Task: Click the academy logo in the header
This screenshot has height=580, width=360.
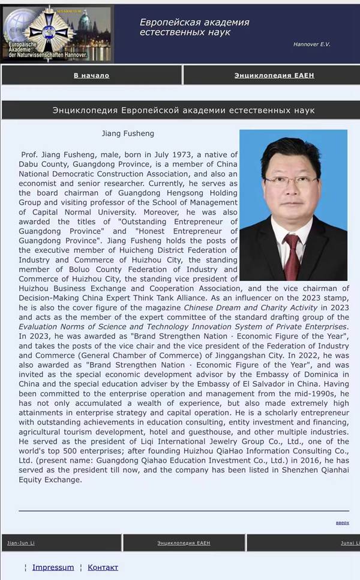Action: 56,34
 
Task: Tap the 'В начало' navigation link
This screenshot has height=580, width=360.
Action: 91,76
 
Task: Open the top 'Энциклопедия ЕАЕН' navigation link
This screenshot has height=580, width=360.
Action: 274,76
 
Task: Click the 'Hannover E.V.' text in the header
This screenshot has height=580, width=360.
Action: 311,44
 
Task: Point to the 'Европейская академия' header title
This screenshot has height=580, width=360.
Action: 194,22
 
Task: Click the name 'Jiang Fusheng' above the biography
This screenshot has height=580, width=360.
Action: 128,133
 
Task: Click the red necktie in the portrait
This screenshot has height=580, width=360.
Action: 292,255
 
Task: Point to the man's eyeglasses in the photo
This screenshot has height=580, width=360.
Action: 290,180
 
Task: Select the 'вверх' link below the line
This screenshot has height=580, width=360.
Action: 342,522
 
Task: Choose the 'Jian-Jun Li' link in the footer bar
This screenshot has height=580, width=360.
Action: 21,543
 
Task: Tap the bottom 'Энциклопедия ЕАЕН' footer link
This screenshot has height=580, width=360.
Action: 184,543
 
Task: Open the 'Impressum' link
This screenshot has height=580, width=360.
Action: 53,567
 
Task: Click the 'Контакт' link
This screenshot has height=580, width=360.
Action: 103,567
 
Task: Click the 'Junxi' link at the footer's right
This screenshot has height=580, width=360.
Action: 350,543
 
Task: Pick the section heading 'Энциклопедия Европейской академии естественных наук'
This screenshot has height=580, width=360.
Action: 184,110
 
